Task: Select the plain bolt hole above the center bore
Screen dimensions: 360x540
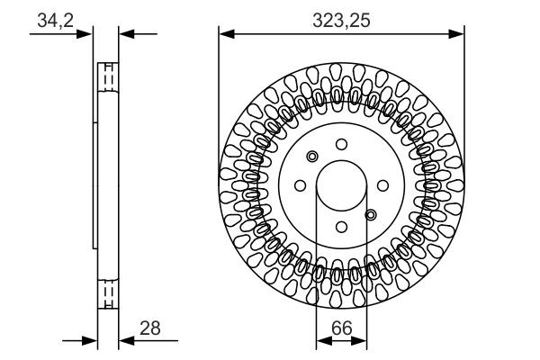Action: point(341,144)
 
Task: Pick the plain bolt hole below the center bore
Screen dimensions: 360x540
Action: point(341,226)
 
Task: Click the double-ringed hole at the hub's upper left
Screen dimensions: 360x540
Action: point(312,156)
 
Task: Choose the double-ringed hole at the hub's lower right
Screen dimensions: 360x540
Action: point(370,214)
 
